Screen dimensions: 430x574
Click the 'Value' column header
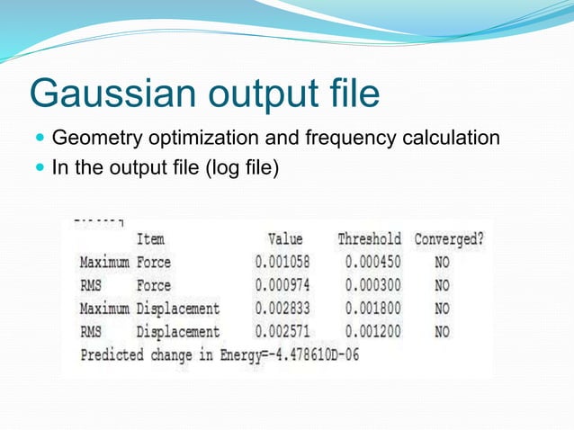(x=285, y=239)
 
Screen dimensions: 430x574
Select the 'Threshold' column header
(x=369, y=239)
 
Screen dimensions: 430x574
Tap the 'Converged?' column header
(x=449, y=239)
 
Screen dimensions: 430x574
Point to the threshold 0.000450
(x=372, y=263)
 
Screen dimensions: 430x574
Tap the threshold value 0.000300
(x=372, y=286)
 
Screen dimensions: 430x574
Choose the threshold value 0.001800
(x=372, y=309)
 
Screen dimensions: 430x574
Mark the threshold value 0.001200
(x=372, y=332)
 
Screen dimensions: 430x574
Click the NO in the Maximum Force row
(x=442, y=263)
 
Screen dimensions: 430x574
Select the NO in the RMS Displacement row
(x=442, y=332)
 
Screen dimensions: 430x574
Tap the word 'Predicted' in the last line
(x=112, y=354)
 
